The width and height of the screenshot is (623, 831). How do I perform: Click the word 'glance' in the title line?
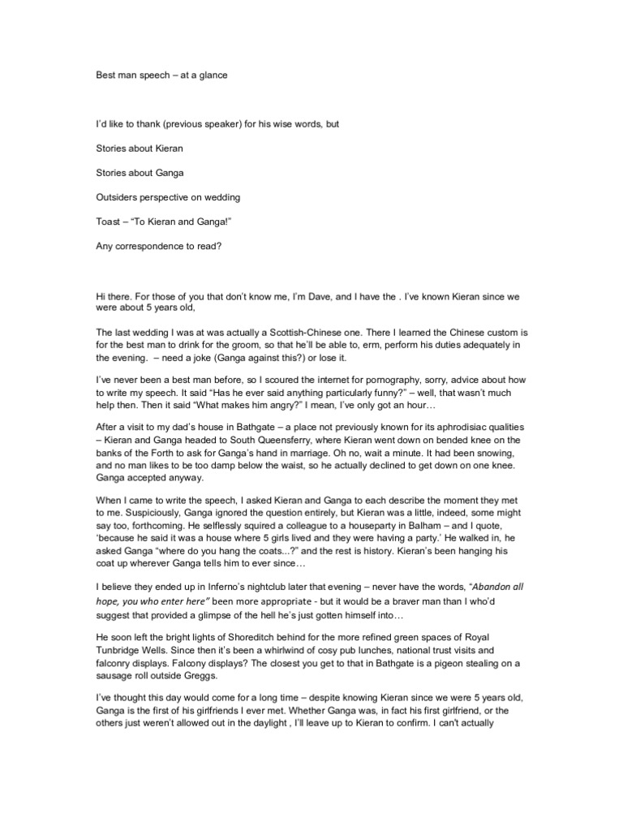[211, 75]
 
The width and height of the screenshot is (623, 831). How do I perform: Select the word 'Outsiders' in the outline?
[119, 197]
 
